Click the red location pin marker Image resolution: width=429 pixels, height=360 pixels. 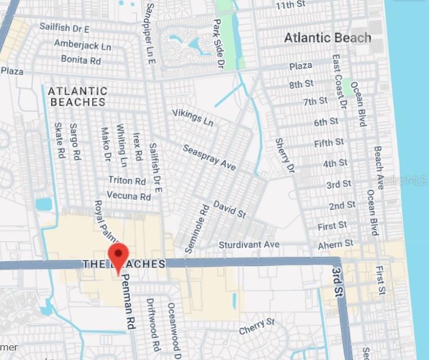coord(118,256)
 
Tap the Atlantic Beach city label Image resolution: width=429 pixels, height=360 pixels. coord(327,38)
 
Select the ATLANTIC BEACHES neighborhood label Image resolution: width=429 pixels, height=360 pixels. coord(78,96)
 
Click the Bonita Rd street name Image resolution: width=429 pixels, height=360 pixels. coord(82,58)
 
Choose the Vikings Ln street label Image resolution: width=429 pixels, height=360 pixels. coord(193,118)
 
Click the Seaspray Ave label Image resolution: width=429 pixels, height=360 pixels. coord(210,157)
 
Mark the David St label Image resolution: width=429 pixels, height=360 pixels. coord(229,209)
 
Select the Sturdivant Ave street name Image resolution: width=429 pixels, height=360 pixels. coord(249,245)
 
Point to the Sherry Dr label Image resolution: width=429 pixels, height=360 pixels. coord(285,155)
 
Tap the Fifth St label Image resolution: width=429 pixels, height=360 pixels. coord(329,143)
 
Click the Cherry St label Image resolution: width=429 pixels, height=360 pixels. coord(256,326)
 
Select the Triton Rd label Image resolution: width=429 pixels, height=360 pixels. coord(127,181)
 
